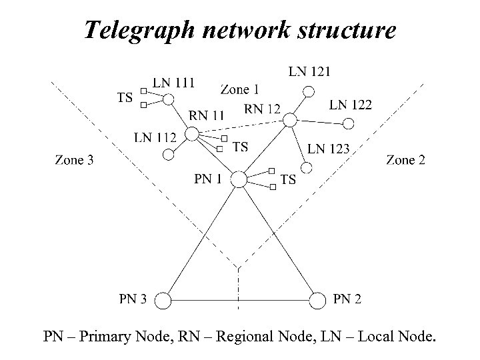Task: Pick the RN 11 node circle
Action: (x=191, y=135)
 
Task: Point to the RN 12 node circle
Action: (x=290, y=119)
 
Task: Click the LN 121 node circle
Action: (x=307, y=91)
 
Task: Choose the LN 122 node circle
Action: (x=348, y=124)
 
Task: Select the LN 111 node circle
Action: (x=169, y=99)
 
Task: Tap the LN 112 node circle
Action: (x=168, y=155)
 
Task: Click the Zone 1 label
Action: (x=239, y=89)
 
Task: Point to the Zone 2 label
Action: (x=405, y=159)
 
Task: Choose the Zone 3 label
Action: (x=74, y=159)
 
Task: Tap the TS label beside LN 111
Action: (x=125, y=97)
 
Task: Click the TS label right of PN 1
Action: (x=288, y=179)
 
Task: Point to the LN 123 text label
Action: (x=328, y=149)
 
